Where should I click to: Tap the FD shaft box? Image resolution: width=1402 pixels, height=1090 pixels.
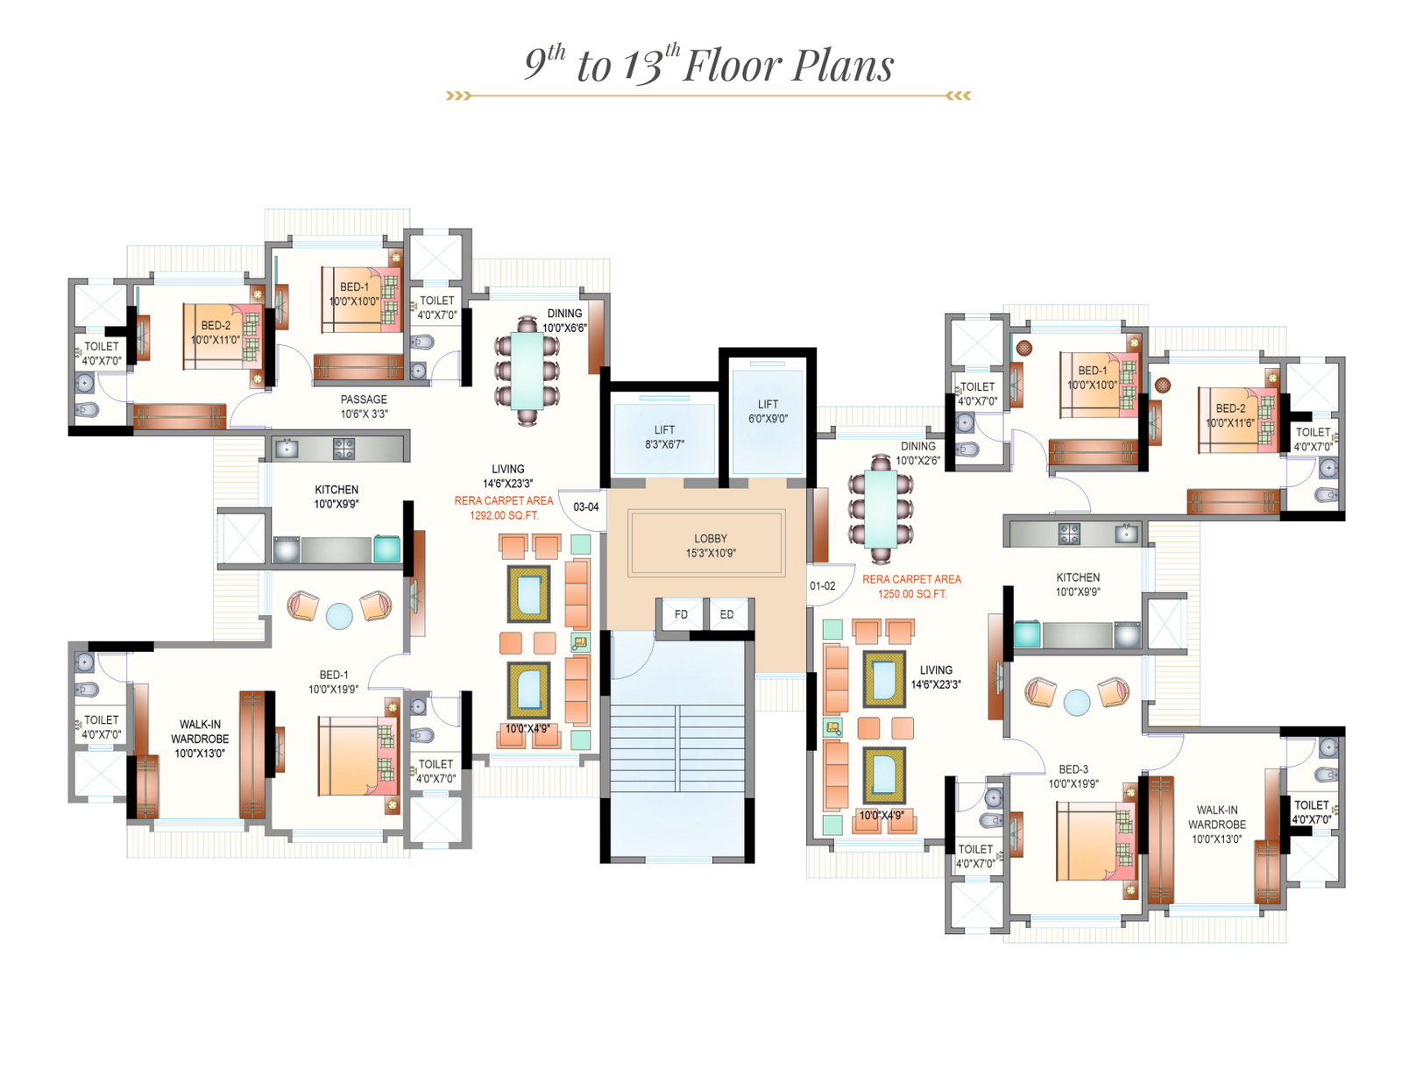pyautogui.click(x=680, y=613)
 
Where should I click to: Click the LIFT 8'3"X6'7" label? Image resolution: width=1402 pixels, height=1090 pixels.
pyautogui.click(x=664, y=436)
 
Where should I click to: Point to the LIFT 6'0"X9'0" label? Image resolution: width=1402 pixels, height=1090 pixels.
pyautogui.click(x=767, y=411)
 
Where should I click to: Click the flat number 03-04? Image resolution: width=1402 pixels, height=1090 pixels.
pyautogui.click(x=585, y=507)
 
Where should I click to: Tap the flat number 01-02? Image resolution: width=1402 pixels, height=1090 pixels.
pyautogui.click(x=822, y=585)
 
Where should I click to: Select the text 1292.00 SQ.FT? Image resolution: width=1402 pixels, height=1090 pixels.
pyautogui.click(x=503, y=515)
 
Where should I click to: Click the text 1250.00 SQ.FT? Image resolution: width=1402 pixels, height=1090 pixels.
pyautogui.click(x=911, y=594)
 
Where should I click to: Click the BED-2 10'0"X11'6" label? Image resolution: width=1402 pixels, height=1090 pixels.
pyautogui.click(x=1229, y=415)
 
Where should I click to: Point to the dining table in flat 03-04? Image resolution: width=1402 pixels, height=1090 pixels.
pyautogui.click(x=527, y=371)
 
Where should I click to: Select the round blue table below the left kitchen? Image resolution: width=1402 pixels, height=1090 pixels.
pyautogui.click(x=339, y=615)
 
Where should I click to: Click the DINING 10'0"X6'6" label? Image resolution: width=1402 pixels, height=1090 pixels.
pyautogui.click(x=564, y=321)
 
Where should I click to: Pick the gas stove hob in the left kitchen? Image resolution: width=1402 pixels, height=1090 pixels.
pyautogui.click(x=343, y=449)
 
